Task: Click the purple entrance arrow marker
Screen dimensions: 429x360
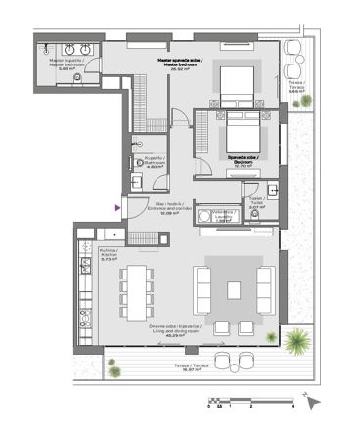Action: tap(118, 207)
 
